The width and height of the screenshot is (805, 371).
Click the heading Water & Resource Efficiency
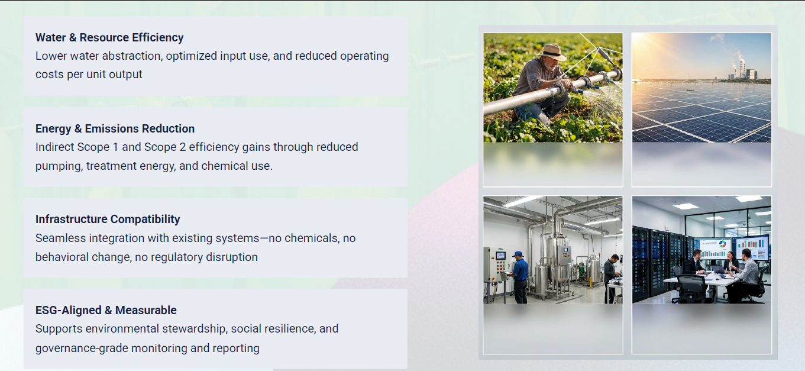click(109, 37)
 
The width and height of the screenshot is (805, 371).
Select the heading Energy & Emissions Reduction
click(115, 128)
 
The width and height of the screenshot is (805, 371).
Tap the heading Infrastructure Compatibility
click(108, 220)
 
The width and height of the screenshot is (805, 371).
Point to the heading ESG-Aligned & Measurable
click(106, 310)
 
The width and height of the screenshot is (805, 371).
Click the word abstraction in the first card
click(132, 56)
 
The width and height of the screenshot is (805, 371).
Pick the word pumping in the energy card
click(59, 166)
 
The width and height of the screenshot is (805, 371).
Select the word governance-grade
click(82, 349)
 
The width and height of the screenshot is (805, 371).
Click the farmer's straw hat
click(552, 51)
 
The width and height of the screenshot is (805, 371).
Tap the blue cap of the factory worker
click(518, 254)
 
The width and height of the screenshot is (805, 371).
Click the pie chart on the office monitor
click(723, 244)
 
